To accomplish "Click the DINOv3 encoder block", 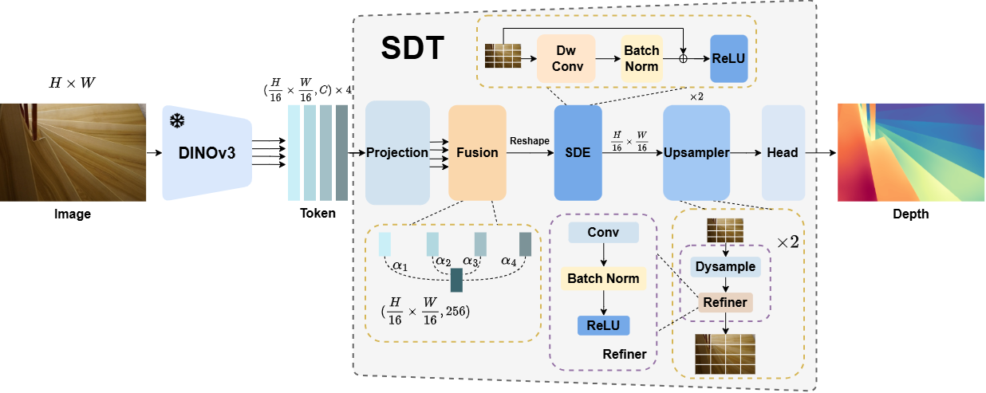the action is tap(207, 153).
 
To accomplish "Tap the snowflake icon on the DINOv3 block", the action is tap(177, 121).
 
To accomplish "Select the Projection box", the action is tap(397, 153).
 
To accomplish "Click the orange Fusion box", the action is tap(477, 153).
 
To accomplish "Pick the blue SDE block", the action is tap(578, 153).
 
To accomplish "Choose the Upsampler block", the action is tap(696, 153).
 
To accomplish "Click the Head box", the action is tap(783, 153).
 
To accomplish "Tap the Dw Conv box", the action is tap(566, 58).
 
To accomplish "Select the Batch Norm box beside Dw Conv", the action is tap(642, 58).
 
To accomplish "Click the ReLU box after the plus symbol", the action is tap(729, 58).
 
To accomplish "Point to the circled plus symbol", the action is tap(683, 58).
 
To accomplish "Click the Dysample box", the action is tap(725, 267).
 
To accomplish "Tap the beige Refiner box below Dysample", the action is tap(725, 302).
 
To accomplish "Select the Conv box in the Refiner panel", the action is tap(603, 232).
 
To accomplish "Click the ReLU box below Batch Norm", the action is tap(603, 326).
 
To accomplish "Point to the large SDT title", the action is tap(412, 48).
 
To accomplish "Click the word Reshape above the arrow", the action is tap(530, 141).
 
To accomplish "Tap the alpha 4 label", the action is tap(509, 261).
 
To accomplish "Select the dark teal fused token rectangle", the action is tap(456, 280).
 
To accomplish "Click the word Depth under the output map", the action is tap(911, 214).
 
